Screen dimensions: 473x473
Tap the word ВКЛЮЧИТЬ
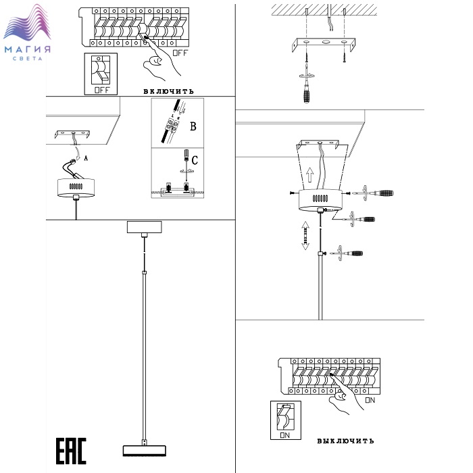[169, 91]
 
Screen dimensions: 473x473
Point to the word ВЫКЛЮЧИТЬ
[345, 441]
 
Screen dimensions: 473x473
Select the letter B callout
[193, 126]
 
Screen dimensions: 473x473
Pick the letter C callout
[194, 161]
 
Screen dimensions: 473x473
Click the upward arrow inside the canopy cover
[309, 178]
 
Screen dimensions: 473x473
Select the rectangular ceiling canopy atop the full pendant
[145, 226]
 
